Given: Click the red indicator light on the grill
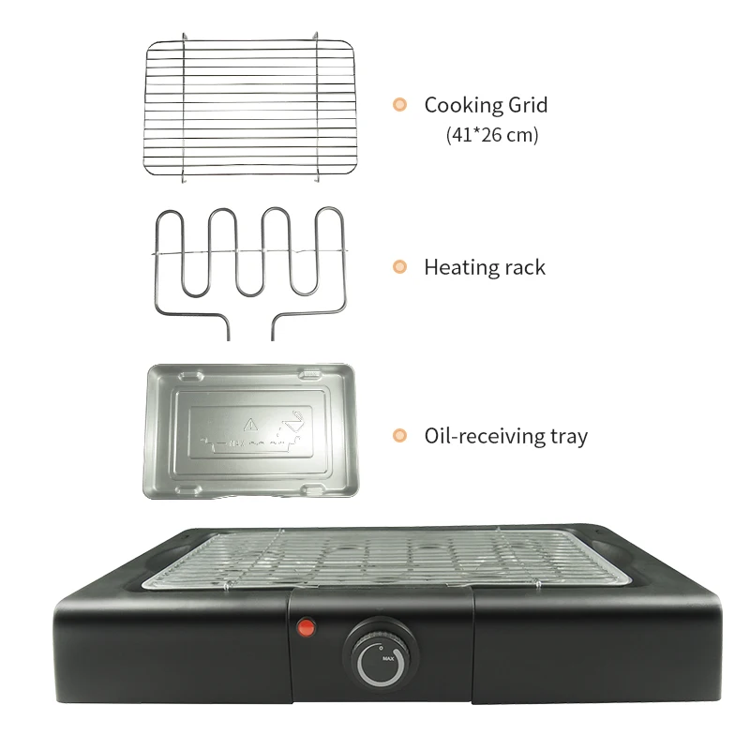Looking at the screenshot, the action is [x=304, y=627].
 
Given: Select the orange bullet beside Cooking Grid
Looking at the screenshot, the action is [x=399, y=105].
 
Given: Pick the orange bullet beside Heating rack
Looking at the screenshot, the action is [x=399, y=267].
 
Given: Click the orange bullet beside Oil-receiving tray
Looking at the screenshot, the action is [x=399, y=435].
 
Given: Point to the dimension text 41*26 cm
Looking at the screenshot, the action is [x=493, y=135].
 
